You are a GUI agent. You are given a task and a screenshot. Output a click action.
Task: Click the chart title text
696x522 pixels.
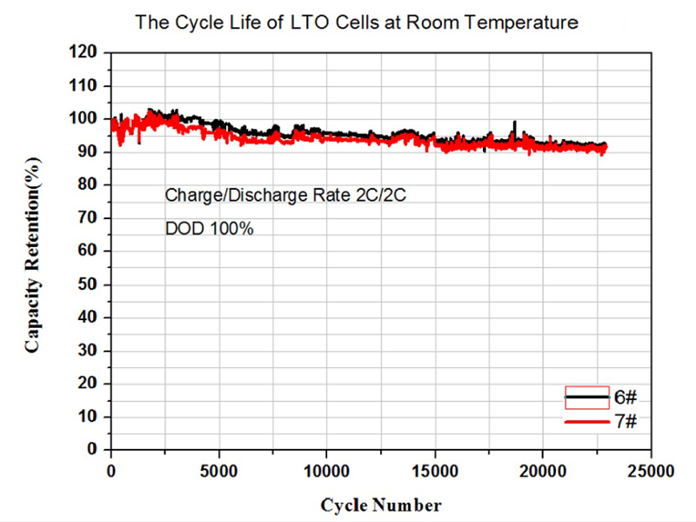coord(356,23)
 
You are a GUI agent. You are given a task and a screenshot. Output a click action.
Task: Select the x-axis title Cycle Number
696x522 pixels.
coord(380,505)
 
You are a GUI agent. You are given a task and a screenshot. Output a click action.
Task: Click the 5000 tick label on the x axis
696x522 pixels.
coord(218,471)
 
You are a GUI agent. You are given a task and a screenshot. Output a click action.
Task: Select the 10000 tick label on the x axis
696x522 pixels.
coord(326,471)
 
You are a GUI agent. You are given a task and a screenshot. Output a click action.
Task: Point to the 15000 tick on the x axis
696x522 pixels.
coord(434,471)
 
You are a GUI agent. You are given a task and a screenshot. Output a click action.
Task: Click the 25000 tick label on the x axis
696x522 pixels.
coord(650,471)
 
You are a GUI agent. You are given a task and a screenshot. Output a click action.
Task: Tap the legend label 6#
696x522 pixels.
coord(626,398)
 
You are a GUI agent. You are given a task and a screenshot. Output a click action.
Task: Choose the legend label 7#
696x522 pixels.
coord(626,421)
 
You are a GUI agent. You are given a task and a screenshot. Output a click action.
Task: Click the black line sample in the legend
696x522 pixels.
coord(586,398)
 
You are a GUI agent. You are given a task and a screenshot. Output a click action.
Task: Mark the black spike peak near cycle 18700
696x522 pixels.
coord(514,122)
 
